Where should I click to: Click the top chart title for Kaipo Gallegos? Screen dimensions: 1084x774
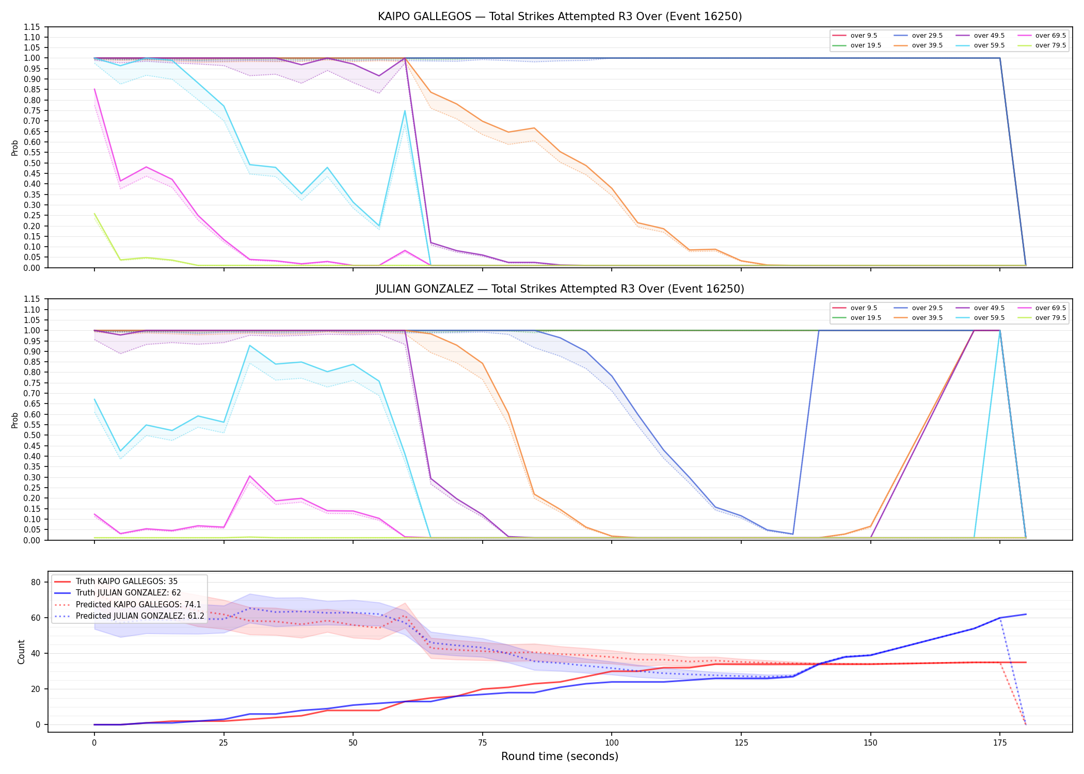coord(560,17)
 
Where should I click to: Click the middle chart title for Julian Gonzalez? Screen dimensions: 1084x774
coord(560,289)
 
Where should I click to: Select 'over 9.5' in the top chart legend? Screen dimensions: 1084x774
coord(864,36)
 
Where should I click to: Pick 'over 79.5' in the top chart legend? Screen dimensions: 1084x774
coord(1050,45)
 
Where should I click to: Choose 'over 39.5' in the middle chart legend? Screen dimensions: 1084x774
coord(927,318)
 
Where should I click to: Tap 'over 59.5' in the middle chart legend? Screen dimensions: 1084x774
coord(989,318)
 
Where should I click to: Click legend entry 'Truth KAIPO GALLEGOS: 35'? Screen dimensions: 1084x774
coord(126,582)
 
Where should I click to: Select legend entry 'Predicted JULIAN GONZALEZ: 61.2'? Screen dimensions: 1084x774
coord(140,616)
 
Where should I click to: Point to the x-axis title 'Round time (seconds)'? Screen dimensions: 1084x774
coord(560,756)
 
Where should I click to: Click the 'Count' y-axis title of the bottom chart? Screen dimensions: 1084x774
coord(21,652)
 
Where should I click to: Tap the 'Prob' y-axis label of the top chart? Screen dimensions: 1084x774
coord(15,148)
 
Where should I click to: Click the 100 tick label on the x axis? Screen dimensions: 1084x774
coord(611,743)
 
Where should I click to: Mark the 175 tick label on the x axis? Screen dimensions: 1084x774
coord(1000,743)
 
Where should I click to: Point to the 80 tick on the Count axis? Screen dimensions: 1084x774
coord(36,582)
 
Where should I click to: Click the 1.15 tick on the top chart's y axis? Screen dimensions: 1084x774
coord(32,27)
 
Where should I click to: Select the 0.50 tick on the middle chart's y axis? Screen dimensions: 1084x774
coord(32,435)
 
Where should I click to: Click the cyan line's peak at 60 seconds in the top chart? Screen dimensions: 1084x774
coord(405,111)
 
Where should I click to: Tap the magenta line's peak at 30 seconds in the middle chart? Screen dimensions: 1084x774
coord(249,476)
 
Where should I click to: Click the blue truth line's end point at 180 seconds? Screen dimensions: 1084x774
coord(1026,614)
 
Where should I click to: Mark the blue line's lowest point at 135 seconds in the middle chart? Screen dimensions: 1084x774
coord(793,534)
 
